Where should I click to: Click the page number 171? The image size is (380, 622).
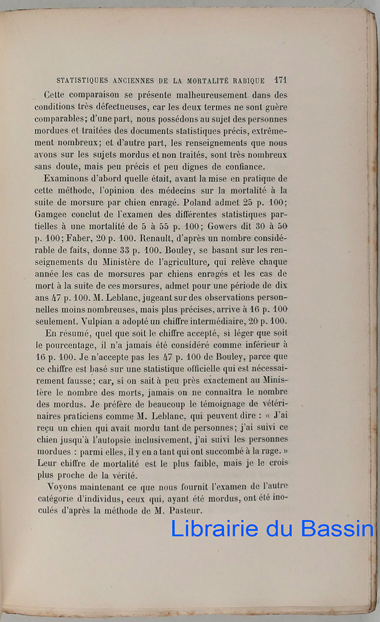pos(279,80)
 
